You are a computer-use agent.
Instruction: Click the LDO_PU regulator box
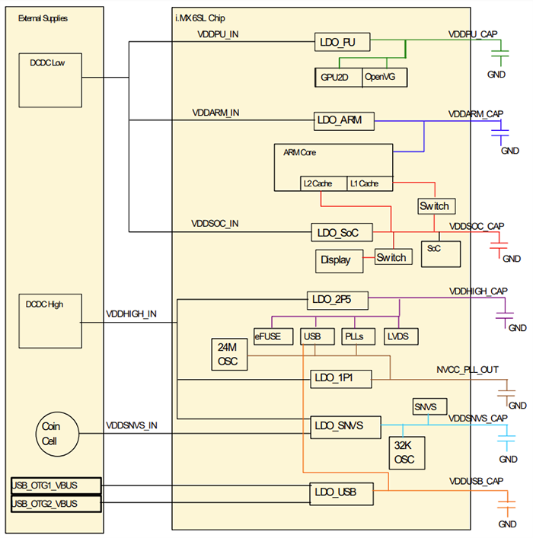342,43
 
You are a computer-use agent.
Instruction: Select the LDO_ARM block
341,120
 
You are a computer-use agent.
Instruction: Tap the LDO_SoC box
340,232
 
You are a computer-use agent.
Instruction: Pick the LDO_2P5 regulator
337,300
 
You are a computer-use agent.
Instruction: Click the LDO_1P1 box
340,378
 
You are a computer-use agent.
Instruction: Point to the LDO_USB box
342,494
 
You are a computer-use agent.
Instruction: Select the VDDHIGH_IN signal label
131,313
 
